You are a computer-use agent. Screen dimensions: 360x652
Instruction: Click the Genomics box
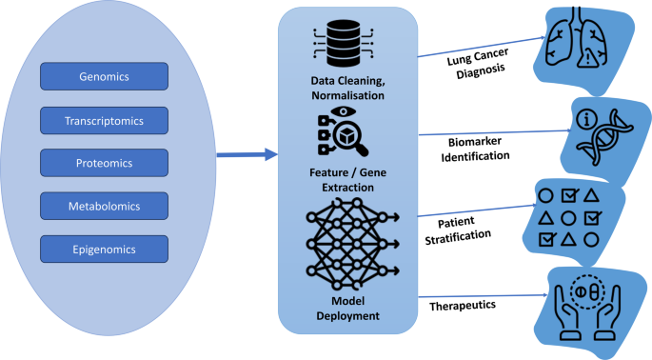click(x=105, y=76)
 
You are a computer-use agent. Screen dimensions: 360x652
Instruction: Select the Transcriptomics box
click(x=105, y=120)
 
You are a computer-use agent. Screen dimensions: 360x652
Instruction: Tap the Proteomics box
click(x=105, y=163)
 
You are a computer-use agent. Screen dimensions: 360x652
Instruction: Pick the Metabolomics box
click(x=105, y=206)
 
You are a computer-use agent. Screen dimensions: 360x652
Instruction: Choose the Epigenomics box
click(x=105, y=249)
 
